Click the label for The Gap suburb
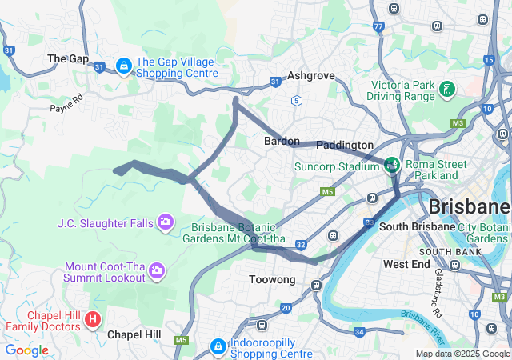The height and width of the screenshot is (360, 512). pos(68,58)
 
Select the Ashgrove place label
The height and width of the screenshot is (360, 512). pos(310,75)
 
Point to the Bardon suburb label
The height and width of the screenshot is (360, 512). pos(282,141)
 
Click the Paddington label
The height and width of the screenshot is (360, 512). pos(344,145)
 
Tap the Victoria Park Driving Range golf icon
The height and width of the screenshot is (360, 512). pos(448,90)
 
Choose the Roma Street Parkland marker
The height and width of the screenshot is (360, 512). pos(392,166)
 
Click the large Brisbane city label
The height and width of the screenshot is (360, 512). pos(469,206)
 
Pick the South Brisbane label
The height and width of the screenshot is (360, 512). pos(411,226)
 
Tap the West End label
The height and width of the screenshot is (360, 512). pos(406,264)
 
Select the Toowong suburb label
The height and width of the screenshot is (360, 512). pos(273,280)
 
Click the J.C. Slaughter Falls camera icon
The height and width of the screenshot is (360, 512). pos(166,222)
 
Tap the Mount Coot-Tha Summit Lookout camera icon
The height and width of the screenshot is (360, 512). pos(156,272)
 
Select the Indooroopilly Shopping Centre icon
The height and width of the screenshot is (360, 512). pos(218,346)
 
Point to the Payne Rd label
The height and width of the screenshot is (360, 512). pos(66,104)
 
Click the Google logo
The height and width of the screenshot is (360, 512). pos(26,350)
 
